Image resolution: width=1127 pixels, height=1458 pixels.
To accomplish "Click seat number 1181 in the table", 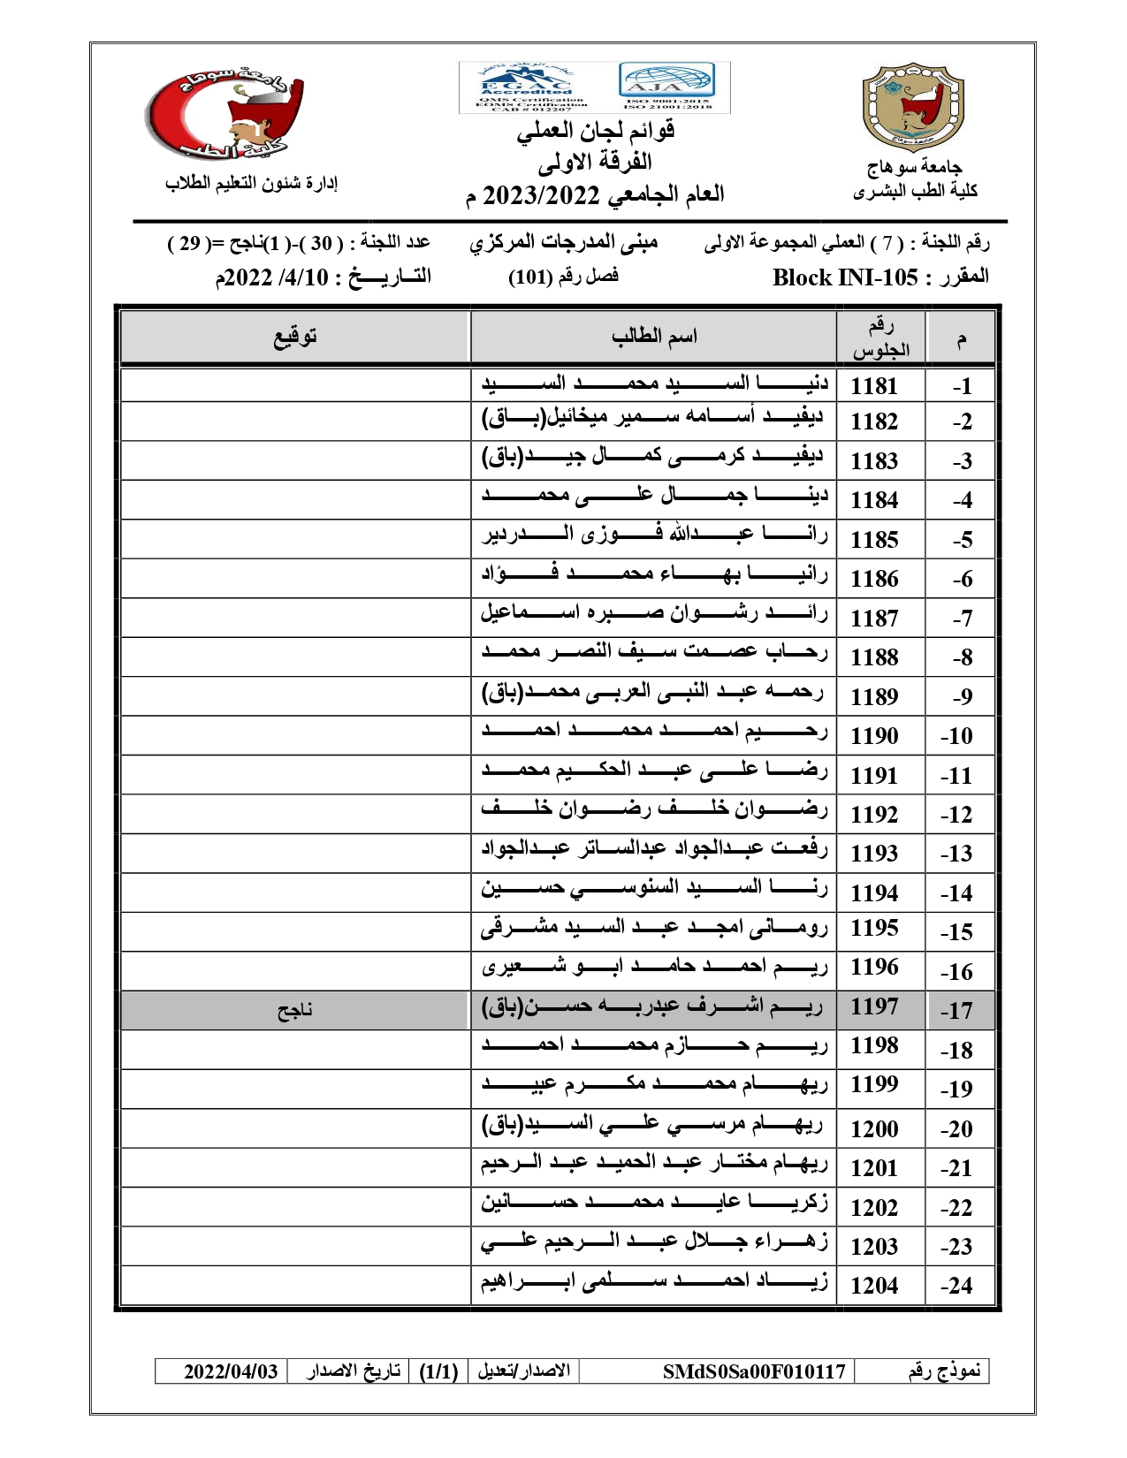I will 873,386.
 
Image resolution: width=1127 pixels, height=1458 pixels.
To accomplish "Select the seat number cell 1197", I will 873,1006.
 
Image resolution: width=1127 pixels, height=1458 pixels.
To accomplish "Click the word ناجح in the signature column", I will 294,1010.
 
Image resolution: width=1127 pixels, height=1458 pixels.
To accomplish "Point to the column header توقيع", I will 295,337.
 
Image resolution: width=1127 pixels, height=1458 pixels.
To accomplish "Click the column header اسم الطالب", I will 654,337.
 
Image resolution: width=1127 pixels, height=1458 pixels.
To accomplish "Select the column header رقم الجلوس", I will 880,338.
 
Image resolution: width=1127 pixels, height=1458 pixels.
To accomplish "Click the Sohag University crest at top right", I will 913,106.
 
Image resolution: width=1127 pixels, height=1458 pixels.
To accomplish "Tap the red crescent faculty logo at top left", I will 225,115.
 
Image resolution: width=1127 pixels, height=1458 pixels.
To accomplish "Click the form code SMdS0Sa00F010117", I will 754,1371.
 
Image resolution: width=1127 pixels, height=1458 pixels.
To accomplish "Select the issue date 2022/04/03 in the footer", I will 231,1371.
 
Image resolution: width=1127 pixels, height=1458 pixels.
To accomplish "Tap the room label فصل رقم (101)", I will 563,277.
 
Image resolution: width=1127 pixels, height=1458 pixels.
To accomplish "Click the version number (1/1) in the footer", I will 438,1371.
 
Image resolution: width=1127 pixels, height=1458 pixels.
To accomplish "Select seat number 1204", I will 873,1286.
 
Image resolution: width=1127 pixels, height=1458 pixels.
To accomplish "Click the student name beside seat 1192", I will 654,809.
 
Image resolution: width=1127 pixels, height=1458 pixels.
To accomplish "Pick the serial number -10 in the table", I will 956,736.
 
